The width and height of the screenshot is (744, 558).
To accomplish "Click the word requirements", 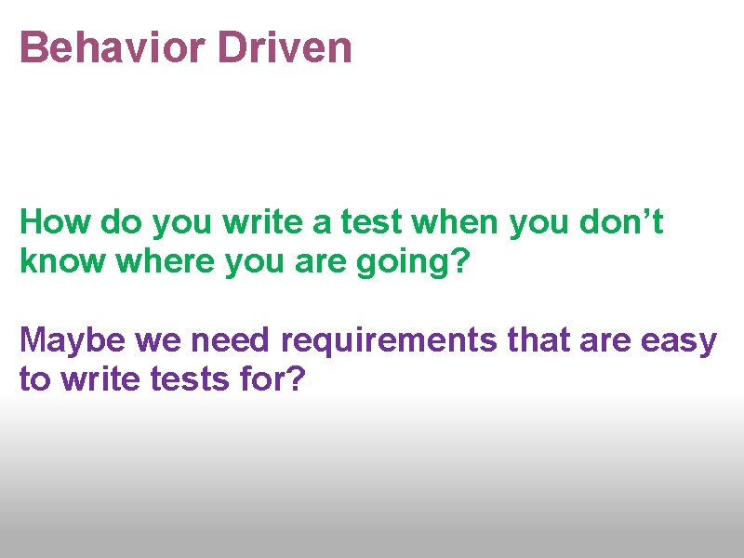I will [x=390, y=342].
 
